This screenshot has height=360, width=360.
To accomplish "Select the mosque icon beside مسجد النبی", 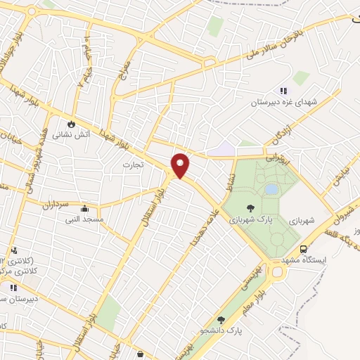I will point(84,208).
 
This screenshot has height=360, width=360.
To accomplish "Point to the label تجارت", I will point(133,165).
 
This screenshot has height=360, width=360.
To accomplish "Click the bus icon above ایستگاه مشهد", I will point(303,249).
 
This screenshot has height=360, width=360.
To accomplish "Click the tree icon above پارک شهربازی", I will point(250,207).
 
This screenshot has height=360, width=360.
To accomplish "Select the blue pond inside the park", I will point(271,189).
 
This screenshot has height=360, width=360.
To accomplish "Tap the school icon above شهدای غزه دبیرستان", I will point(283,91).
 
